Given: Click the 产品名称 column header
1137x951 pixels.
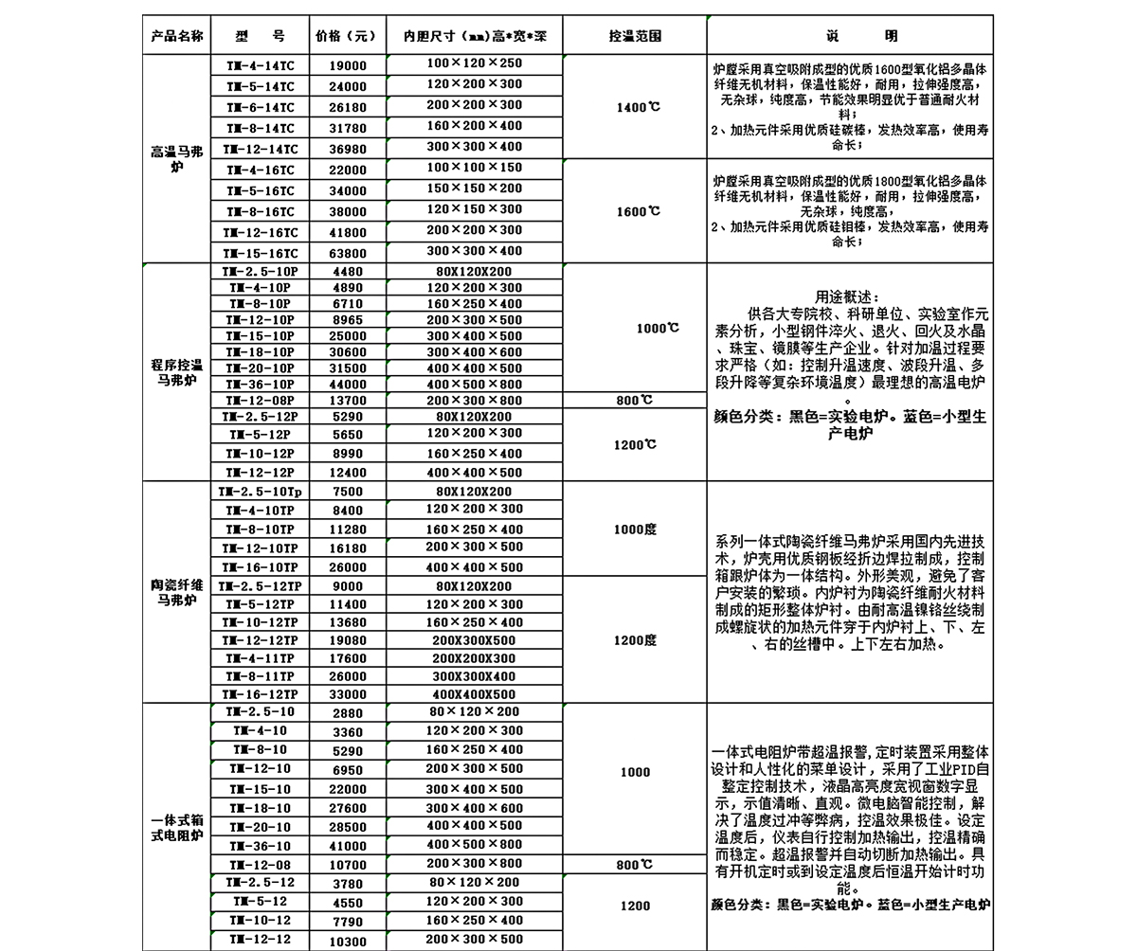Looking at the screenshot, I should click(176, 37).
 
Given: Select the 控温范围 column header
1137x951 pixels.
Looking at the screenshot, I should click(635, 37).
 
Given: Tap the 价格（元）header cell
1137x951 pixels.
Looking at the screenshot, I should click(346, 37).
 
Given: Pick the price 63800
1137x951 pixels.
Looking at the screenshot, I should click(348, 254).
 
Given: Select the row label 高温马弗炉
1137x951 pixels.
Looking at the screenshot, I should click(176, 159).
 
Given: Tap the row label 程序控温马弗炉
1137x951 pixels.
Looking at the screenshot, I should click(176, 372).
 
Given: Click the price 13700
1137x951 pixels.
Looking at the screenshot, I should click(348, 401).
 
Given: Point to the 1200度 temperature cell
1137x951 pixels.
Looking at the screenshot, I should click(635, 640).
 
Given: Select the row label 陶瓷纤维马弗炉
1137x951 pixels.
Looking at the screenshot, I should click(176, 593).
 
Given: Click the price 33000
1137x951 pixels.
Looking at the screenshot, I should click(348, 694).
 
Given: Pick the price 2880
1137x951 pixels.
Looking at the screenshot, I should click(348, 713).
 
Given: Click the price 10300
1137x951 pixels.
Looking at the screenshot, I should click(348, 942).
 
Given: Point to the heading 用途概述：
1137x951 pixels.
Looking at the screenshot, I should click(848, 296).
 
